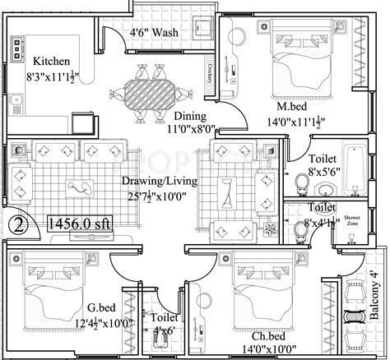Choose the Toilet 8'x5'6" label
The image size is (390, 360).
click(x=321, y=166)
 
